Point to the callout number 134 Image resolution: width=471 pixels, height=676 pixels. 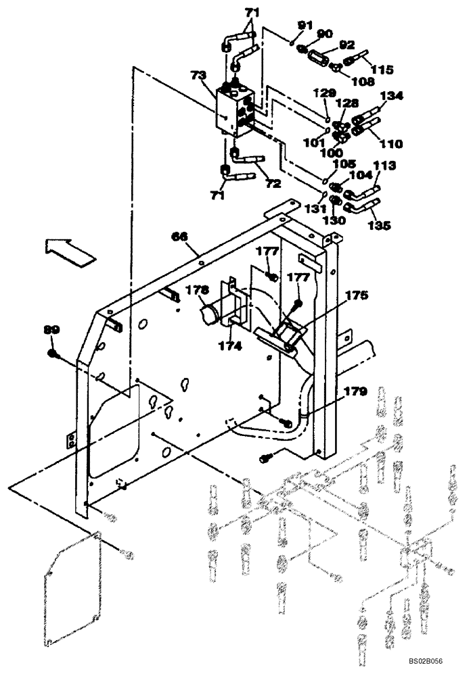pos(392,96)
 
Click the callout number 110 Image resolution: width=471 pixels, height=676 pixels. pos(391,143)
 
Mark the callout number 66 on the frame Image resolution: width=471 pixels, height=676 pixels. pos(179,236)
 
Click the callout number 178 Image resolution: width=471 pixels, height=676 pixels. pos(198,290)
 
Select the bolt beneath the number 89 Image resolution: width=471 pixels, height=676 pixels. pos(53,354)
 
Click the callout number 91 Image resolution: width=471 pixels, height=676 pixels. pos(304,26)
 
